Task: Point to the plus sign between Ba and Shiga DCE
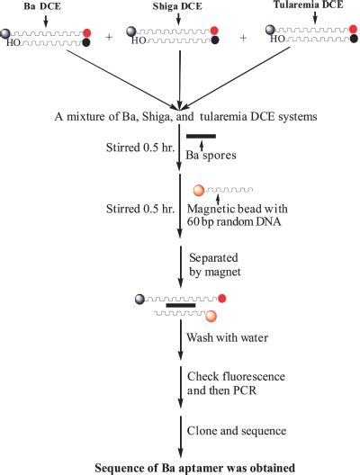click(108, 40)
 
